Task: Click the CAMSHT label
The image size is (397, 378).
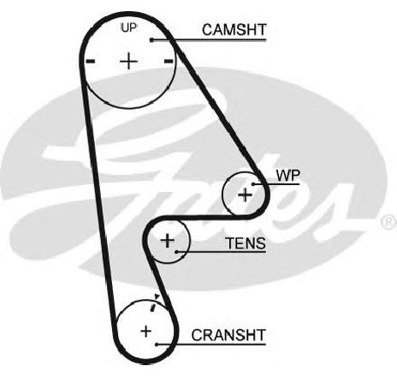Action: (x=234, y=30)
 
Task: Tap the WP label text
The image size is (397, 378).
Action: (x=288, y=176)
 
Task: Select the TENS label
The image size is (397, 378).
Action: (x=246, y=243)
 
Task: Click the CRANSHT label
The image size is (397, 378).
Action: (x=228, y=335)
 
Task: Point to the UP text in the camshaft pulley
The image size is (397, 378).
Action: (x=129, y=27)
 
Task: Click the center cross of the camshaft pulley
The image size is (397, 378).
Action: (x=128, y=61)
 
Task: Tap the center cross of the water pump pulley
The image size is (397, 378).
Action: (x=245, y=195)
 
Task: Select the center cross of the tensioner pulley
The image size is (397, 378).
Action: (x=168, y=240)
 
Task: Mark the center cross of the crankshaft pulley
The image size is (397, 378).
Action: (x=146, y=332)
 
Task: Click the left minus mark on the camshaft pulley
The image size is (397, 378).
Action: (x=91, y=61)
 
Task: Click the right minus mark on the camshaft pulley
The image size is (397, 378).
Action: (x=169, y=61)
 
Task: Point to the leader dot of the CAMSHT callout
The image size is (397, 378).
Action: (x=151, y=40)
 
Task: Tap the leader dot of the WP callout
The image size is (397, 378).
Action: (x=253, y=184)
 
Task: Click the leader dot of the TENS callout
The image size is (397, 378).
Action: (x=177, y=252)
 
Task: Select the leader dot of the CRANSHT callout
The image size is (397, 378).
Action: (x=157, y=345)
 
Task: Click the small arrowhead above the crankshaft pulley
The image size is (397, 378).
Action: (x=157, y=297)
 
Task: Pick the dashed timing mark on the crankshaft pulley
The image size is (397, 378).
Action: (x=153, y=308)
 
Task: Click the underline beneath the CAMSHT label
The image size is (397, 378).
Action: (x=209, y=40)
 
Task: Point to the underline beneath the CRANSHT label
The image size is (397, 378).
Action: (x=211, y=345)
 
